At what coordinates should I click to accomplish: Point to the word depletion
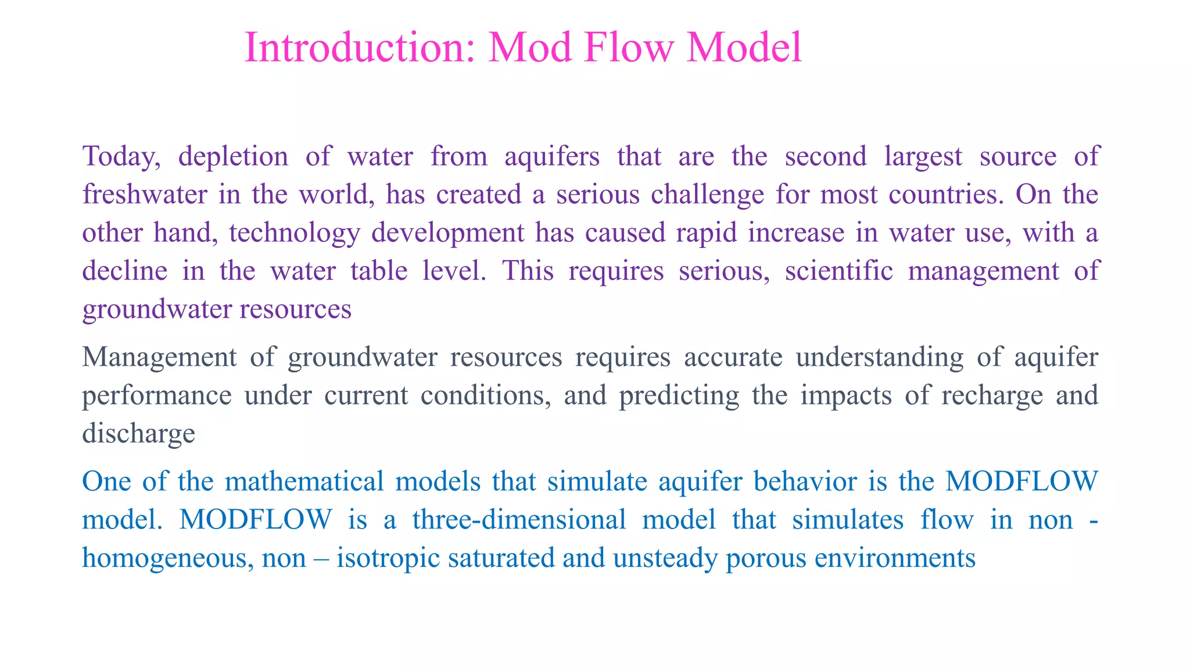(x=233, y=157)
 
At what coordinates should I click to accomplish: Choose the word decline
(x=125, y=271)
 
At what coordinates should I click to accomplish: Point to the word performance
(x=157, y=395)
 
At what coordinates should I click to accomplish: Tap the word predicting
(x=679, y=395)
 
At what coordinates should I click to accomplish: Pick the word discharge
(x=139, y=433)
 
